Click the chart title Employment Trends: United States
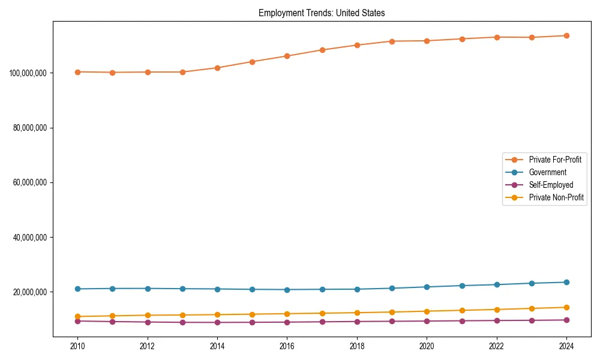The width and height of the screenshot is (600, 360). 322,13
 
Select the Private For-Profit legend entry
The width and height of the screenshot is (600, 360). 554,160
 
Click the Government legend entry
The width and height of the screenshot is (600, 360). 547,172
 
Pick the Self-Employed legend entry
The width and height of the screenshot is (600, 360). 551,185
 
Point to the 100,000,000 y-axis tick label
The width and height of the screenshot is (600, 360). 28,73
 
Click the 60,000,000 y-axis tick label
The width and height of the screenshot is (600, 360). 30,182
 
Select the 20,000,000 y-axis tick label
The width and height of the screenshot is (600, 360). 30,292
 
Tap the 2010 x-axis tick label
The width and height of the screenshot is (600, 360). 77,346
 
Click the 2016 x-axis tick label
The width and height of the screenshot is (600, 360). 287,346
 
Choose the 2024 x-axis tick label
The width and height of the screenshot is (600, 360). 566,346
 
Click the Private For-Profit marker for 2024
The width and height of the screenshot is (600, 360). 566,35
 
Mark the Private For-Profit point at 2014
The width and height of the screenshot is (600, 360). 217,68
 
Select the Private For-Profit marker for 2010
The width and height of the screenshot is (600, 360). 77,72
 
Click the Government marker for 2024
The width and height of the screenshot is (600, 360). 566,282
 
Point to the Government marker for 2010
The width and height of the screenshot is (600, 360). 77,289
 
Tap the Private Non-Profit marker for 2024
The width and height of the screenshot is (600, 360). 566,307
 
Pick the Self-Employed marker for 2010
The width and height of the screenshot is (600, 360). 77,321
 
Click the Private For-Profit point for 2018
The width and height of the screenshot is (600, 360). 357,45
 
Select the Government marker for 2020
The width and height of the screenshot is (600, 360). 427,287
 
